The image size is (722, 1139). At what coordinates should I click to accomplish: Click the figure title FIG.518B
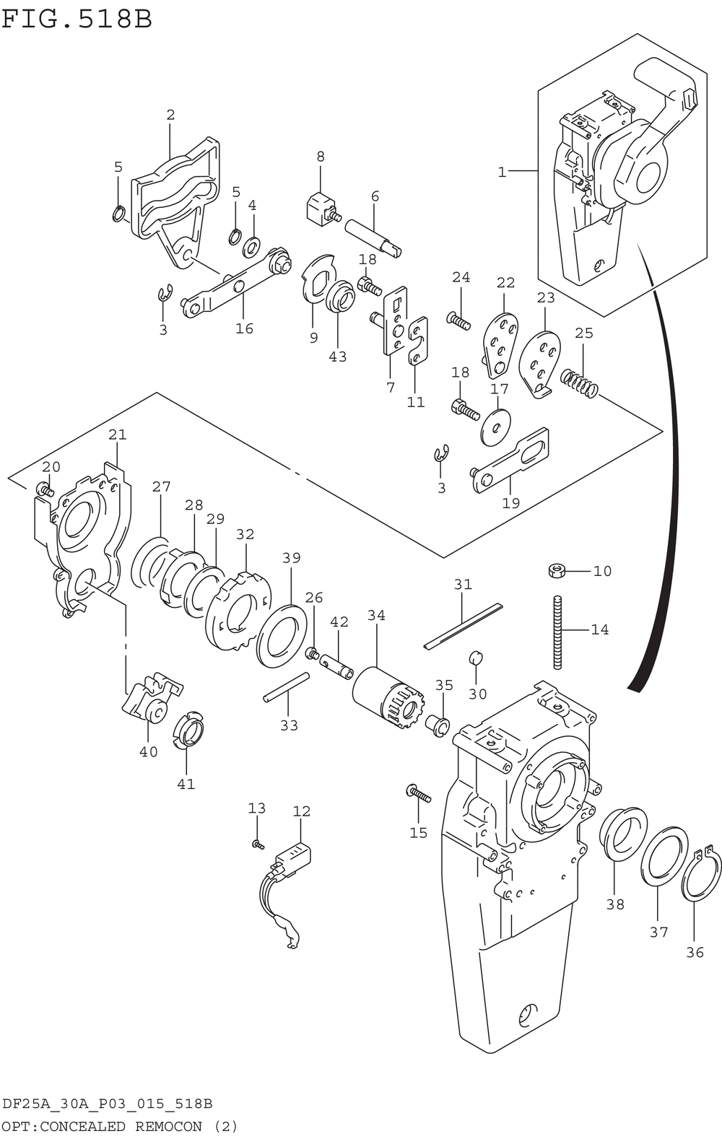pos(77,19)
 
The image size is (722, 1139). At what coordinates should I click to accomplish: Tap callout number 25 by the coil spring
pos(583,333)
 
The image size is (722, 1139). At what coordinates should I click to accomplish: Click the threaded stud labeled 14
pos(558,632)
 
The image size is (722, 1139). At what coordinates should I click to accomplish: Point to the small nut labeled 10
pos(557,570)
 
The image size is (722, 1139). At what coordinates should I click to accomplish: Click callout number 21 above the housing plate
pos(118,435)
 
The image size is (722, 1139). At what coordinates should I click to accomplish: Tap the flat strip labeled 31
pos(463,627)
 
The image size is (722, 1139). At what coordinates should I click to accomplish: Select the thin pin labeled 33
pos(286,687)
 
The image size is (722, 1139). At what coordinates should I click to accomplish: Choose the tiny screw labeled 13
pos(258,845)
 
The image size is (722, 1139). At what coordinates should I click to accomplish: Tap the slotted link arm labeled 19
pos(510,461)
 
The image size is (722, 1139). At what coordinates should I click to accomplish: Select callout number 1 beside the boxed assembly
pos(502,173)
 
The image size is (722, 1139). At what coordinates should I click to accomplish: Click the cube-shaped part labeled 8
pos(321,209)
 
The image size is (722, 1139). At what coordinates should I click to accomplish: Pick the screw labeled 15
pos(418,794)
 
